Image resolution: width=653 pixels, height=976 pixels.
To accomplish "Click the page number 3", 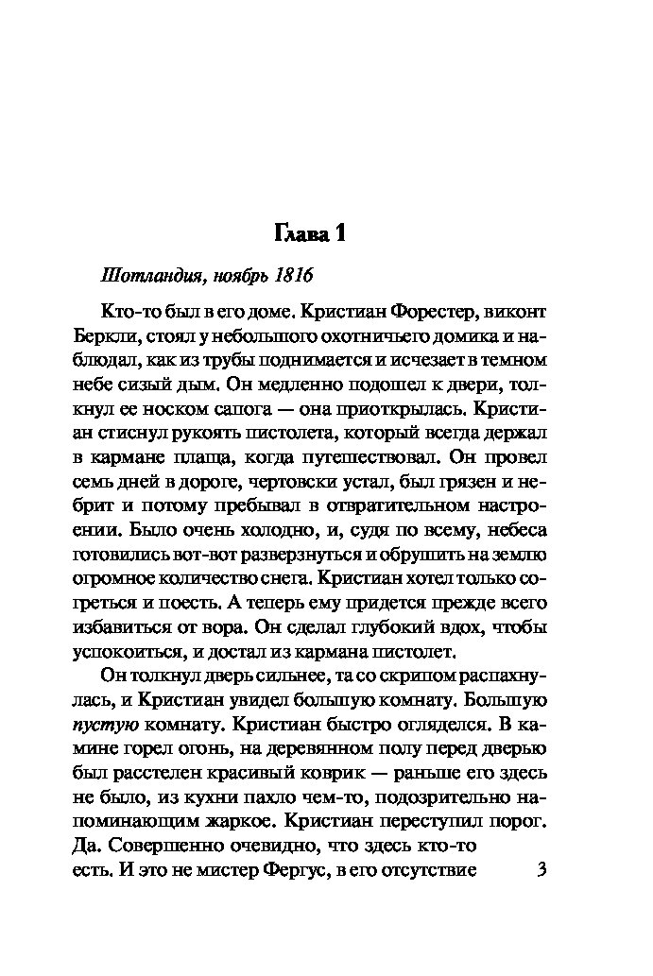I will point(541,870).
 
